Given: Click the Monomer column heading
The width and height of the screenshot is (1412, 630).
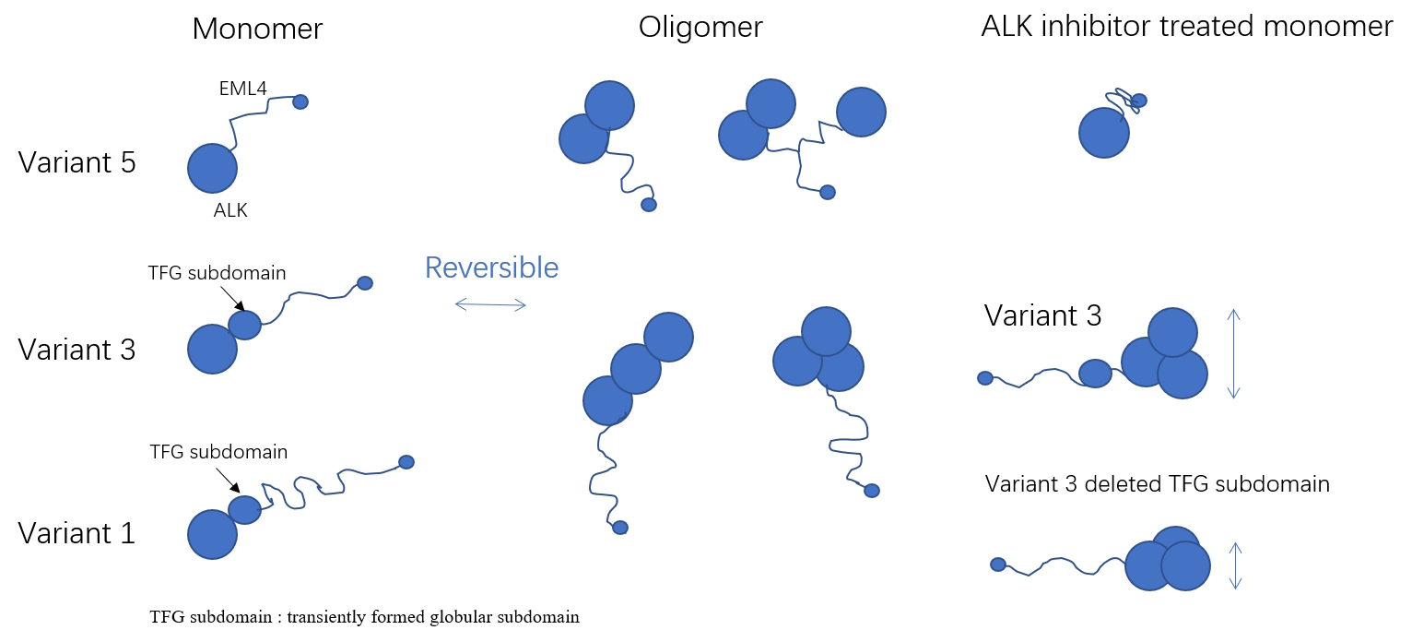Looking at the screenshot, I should click(x=257, y=29).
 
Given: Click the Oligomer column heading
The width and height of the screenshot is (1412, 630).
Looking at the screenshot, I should click(x=700, y=27).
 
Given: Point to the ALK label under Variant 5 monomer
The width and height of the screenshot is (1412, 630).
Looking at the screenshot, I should click(x=230, y=210).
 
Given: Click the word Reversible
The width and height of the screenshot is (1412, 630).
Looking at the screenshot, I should click(x=491, y=267).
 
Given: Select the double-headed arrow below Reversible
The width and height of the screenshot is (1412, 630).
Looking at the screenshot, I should click(x=490, y=304).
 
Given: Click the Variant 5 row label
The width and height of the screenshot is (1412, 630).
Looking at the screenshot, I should click(x=77, y=163).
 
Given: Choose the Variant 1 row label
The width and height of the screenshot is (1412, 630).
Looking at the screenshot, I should click(x=77, y=533).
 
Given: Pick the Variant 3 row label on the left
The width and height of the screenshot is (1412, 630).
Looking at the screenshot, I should click(x=77, y=350).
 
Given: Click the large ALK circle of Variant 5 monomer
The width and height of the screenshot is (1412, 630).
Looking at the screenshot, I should click(x=212, y=168).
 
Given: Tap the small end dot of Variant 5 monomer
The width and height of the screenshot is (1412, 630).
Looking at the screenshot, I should click(x=300, y=101).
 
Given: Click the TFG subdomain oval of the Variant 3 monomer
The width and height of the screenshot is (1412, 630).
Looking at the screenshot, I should click(x=244, y=325).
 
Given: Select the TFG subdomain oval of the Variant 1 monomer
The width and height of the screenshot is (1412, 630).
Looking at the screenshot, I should click(x=244, y=509).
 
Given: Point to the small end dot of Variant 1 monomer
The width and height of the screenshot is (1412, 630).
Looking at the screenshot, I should click(x=406, y=461).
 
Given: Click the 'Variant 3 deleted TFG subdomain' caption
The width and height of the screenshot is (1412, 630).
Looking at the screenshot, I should click(x=1157, y=484).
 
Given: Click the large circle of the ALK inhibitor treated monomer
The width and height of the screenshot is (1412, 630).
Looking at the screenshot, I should click(x=1104, y=133).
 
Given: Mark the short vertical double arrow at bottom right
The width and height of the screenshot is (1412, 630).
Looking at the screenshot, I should click(x=1237, y=565).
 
